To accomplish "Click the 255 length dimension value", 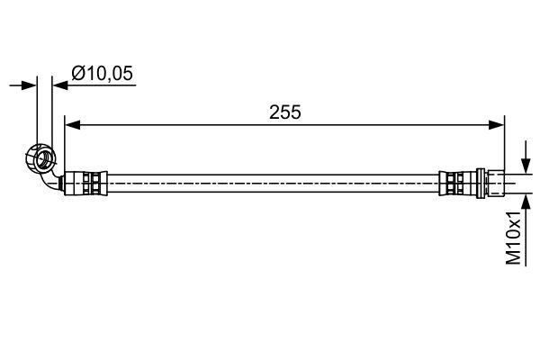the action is [x=284, y=112].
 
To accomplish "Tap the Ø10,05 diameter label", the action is [x=102, y=74].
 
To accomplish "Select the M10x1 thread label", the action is [x=514, y=238].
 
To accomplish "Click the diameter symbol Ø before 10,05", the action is [x=78, y=74].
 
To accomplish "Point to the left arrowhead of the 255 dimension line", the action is [x=73, y=125].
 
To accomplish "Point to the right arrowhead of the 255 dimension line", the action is [x=497, y=125].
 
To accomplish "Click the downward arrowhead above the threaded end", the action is [x=526, y=166].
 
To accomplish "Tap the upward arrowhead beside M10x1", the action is [x=526, y=202].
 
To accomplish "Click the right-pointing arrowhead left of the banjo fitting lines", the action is [x=29, y=85].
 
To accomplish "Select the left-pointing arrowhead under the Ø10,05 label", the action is [x=60, y=85].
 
